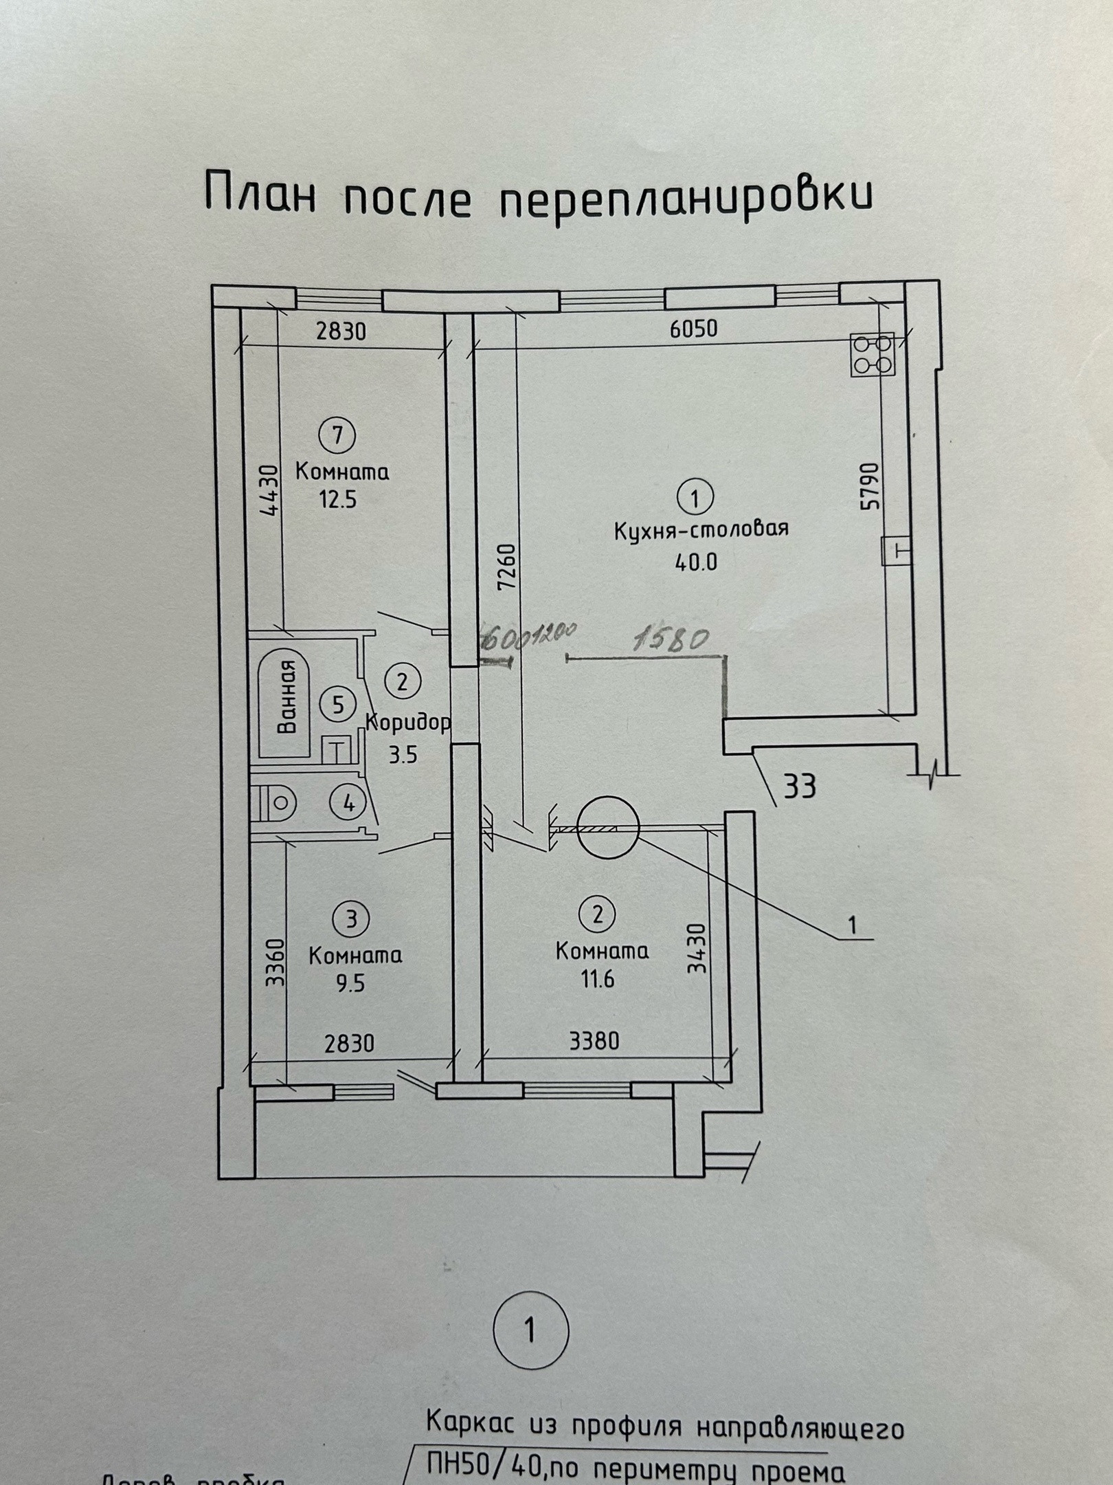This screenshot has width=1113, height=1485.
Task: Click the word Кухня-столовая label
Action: [700, 529]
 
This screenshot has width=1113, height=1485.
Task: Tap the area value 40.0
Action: [696, 562]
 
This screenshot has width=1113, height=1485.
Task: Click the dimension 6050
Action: [693, 329]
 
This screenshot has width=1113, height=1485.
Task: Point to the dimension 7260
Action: [506, 567]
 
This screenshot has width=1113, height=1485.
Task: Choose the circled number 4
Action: [348, 802]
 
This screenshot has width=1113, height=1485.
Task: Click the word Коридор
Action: [407, 723]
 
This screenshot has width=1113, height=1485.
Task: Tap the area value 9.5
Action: [350, 983]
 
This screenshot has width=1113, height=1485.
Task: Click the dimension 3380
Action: [594, 1042]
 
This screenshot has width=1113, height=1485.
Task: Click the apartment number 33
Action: [800, 786]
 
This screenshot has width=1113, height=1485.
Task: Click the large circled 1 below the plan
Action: [531, 1330]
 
